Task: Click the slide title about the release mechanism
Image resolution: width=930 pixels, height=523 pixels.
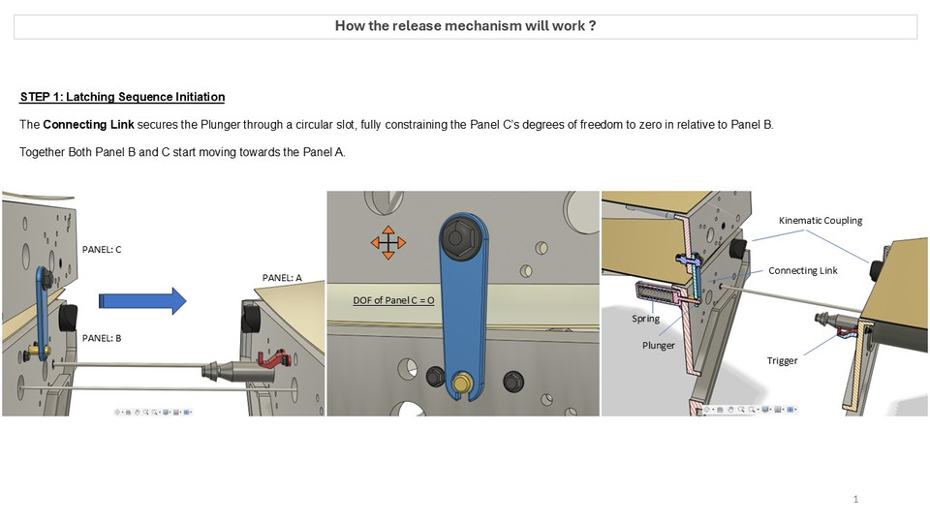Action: [465, 26]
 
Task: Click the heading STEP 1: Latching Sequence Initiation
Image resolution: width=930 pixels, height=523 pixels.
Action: [122, 97]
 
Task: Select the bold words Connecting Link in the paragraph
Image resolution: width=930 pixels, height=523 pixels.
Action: [88, 125]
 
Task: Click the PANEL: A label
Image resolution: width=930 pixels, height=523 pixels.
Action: [282, 278]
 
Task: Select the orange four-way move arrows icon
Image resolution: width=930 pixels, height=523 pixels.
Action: [387, 241]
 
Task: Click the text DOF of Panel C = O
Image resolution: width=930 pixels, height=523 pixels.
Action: [393, 300]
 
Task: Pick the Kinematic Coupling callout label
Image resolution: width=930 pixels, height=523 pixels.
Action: [820, 221]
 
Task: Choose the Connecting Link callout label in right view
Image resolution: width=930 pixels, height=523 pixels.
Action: [802, 270]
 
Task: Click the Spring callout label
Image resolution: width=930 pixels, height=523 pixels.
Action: [646, 319]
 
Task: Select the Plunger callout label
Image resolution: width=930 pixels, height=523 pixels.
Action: [658, 345]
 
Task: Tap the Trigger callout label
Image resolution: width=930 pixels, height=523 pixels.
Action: [782, 360]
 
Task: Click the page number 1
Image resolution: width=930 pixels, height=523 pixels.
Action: [856, 499]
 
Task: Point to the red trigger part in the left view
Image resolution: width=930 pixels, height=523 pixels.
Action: [277, 359]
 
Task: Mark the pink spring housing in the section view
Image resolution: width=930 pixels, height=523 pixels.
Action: [661, 291]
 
